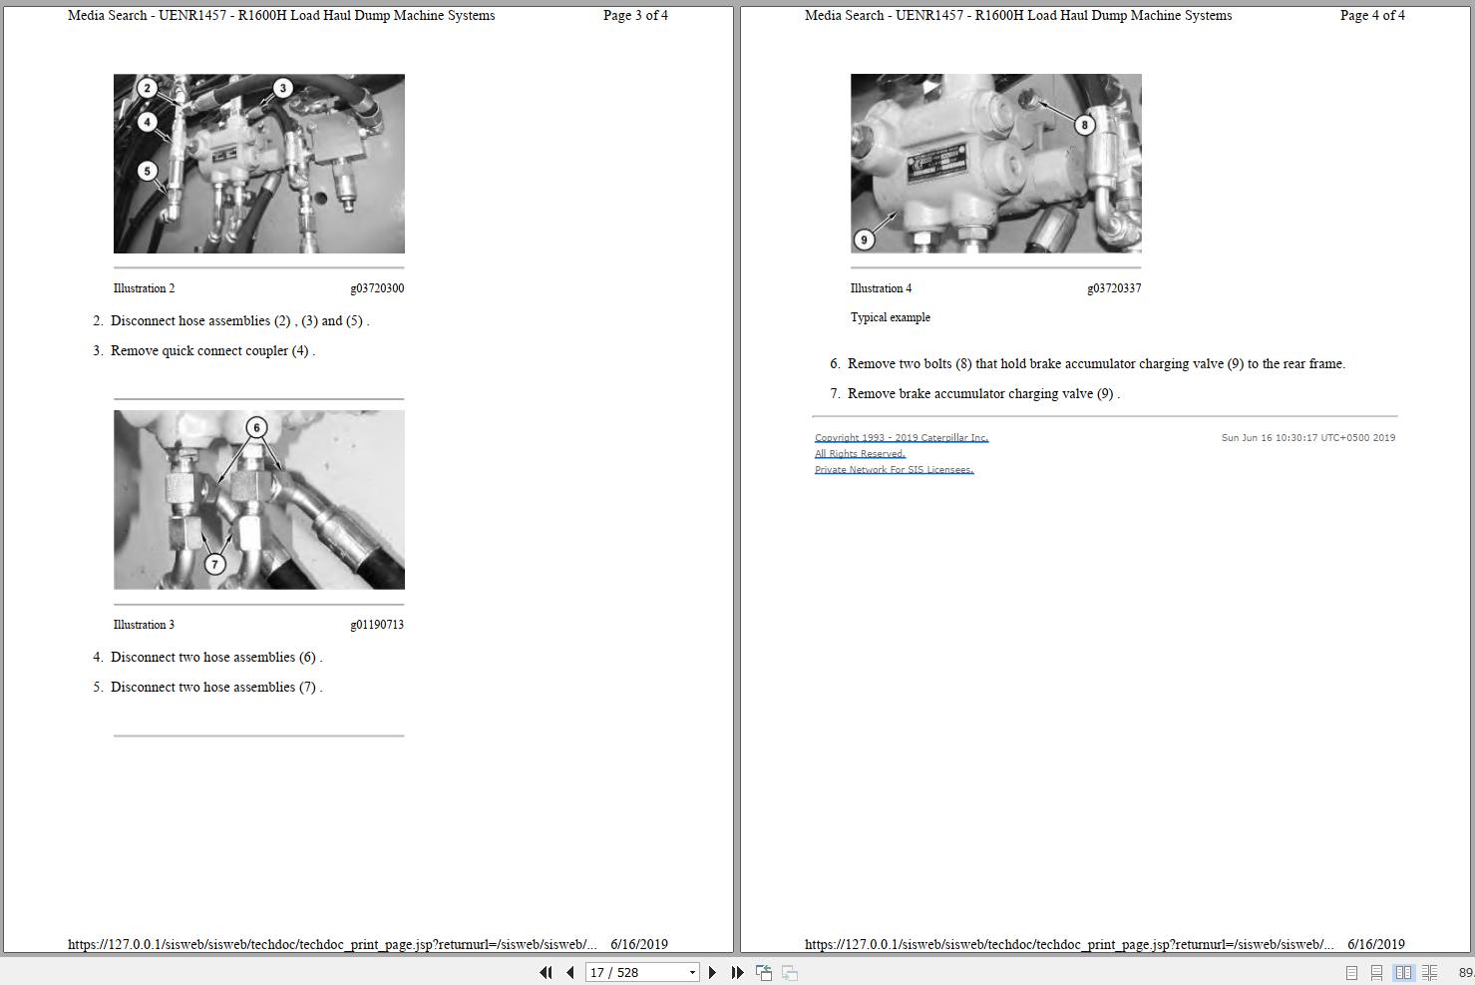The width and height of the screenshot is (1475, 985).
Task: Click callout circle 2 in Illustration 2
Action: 147,88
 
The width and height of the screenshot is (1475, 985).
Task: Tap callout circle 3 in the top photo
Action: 282,88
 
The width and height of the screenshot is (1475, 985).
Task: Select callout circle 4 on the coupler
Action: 147,122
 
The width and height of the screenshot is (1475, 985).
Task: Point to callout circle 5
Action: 147,172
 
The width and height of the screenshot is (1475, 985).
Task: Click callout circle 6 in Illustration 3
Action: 256,427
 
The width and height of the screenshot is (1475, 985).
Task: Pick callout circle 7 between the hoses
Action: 214,564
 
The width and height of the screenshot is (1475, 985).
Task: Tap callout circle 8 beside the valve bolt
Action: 1084,125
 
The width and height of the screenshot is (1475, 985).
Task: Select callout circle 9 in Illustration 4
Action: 864,240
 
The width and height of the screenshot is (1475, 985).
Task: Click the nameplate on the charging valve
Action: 937,162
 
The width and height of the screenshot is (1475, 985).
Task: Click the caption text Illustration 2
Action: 144,288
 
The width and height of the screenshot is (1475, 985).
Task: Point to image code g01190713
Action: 377,625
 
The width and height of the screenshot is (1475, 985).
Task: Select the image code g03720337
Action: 1114,288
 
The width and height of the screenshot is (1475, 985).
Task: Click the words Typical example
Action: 891,317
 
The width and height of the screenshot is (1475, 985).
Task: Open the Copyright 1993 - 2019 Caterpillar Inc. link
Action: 902,437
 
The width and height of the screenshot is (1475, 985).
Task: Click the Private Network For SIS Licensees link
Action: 894,470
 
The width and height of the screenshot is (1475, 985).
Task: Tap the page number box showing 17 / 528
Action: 642,972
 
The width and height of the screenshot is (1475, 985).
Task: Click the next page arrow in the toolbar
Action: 712,972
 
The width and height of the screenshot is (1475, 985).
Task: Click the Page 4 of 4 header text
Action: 1372,15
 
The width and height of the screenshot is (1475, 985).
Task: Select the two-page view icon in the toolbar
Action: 1403,972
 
